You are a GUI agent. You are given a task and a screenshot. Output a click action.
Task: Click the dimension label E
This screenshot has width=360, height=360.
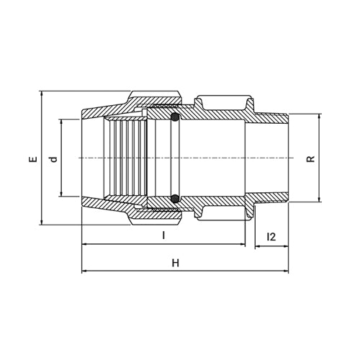click(x=32, y=158)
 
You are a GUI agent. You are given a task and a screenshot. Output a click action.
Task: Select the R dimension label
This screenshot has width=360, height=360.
click(x=310, y=158)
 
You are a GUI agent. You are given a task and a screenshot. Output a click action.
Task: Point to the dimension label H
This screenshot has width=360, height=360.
click(x=175, y=264)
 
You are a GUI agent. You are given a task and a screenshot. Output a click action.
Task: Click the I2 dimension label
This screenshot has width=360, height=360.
click(x=271, y=236)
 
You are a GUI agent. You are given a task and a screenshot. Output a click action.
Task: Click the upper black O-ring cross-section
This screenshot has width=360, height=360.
click(x=174, y=117)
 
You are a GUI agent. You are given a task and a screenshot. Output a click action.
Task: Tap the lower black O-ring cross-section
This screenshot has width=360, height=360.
click(x=174, y=199)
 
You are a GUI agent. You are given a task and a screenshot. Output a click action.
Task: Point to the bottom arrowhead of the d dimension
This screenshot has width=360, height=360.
click(x=63, y=194)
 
